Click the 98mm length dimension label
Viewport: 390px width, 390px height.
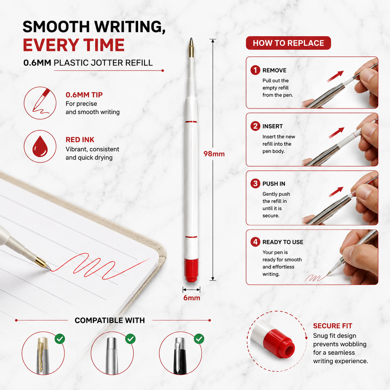214,154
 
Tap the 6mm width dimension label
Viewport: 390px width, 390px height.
192,298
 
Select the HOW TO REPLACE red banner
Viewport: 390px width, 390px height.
288,43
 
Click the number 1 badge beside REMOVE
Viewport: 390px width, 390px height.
255,70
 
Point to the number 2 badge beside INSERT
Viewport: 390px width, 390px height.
255,126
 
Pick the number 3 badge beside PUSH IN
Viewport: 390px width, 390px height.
255,184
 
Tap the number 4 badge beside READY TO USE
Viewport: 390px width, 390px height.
255,242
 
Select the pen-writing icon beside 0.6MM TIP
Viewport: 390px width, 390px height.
40,103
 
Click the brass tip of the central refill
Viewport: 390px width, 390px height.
191,48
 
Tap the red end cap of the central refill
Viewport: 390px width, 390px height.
191,270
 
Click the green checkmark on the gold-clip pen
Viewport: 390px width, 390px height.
60,339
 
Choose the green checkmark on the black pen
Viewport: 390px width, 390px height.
199,339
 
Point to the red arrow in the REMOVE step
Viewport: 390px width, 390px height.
335,76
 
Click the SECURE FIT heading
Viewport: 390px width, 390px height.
332,326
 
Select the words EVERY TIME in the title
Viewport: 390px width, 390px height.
74,45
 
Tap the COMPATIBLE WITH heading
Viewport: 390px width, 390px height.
110,320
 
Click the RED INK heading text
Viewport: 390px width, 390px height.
80,140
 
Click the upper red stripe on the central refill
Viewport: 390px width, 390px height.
191,122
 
